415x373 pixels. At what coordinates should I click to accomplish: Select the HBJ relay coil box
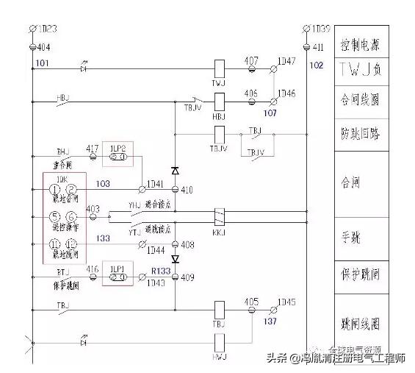218,102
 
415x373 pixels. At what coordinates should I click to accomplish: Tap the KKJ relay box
218,216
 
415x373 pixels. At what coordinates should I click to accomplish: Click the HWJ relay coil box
218,341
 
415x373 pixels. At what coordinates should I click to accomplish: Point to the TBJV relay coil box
218,134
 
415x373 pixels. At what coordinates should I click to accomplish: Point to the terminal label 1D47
286,61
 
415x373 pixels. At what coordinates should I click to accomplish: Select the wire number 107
270,113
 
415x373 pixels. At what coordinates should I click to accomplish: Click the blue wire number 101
41,63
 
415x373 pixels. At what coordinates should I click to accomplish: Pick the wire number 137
270,321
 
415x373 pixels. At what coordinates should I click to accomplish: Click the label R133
160,270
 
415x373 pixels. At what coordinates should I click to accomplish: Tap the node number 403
93,209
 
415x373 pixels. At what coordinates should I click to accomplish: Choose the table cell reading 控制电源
361,46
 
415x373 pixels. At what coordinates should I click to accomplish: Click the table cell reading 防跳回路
361,134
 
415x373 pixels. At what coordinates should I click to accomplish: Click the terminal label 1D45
286,302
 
